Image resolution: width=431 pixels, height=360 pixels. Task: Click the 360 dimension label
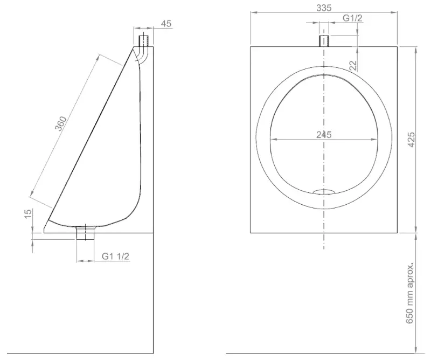pos(61,123)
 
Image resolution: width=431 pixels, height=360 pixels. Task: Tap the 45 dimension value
pos(166,24)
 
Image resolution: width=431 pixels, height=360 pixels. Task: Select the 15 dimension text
pos(28,214)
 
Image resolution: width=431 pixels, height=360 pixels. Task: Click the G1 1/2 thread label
pos(115,257)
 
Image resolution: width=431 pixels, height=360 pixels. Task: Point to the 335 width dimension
pos(324,8)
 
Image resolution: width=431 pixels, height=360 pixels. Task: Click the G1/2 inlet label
pos(353,18)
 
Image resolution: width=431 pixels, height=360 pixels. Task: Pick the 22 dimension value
pos(353,65)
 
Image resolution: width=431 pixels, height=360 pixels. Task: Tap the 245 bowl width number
pos(324,135)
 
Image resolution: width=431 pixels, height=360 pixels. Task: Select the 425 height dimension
pos(411,140)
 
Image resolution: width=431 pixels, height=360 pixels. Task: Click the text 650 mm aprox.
pos(410,294)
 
